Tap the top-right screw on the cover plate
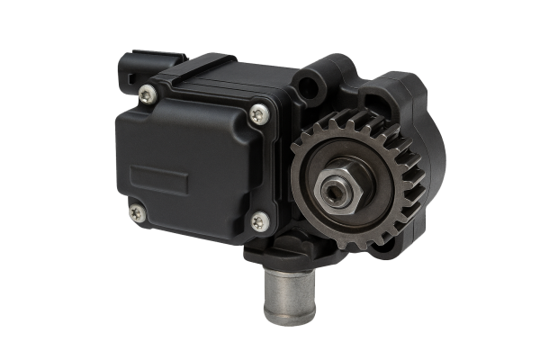point(258,112)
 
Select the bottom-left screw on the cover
point(136,212)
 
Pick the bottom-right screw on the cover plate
point(257,219)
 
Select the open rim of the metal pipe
point(287,315)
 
